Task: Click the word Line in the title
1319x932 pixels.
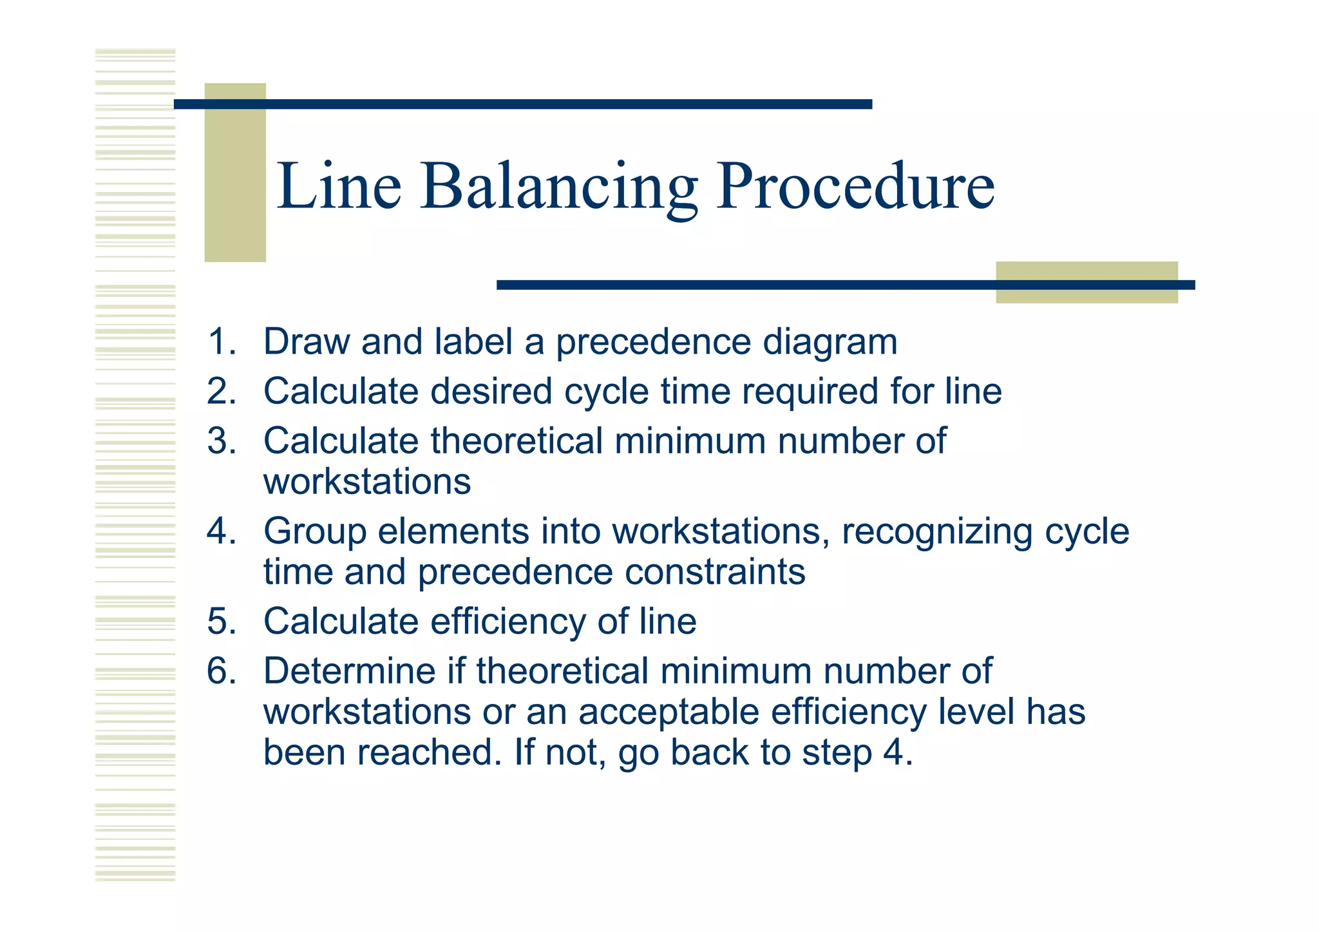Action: pyautogui.click(x=339, y=187)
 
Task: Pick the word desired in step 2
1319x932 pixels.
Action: pyautogui.click(x=491, y=392)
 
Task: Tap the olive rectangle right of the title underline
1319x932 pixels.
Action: pyautogui.click(x=1087, y=283)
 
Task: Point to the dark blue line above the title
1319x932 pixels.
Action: pyautogui.click(x=523, y=104)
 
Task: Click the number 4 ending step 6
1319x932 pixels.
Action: pyautogui.click(x=893, y=752)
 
